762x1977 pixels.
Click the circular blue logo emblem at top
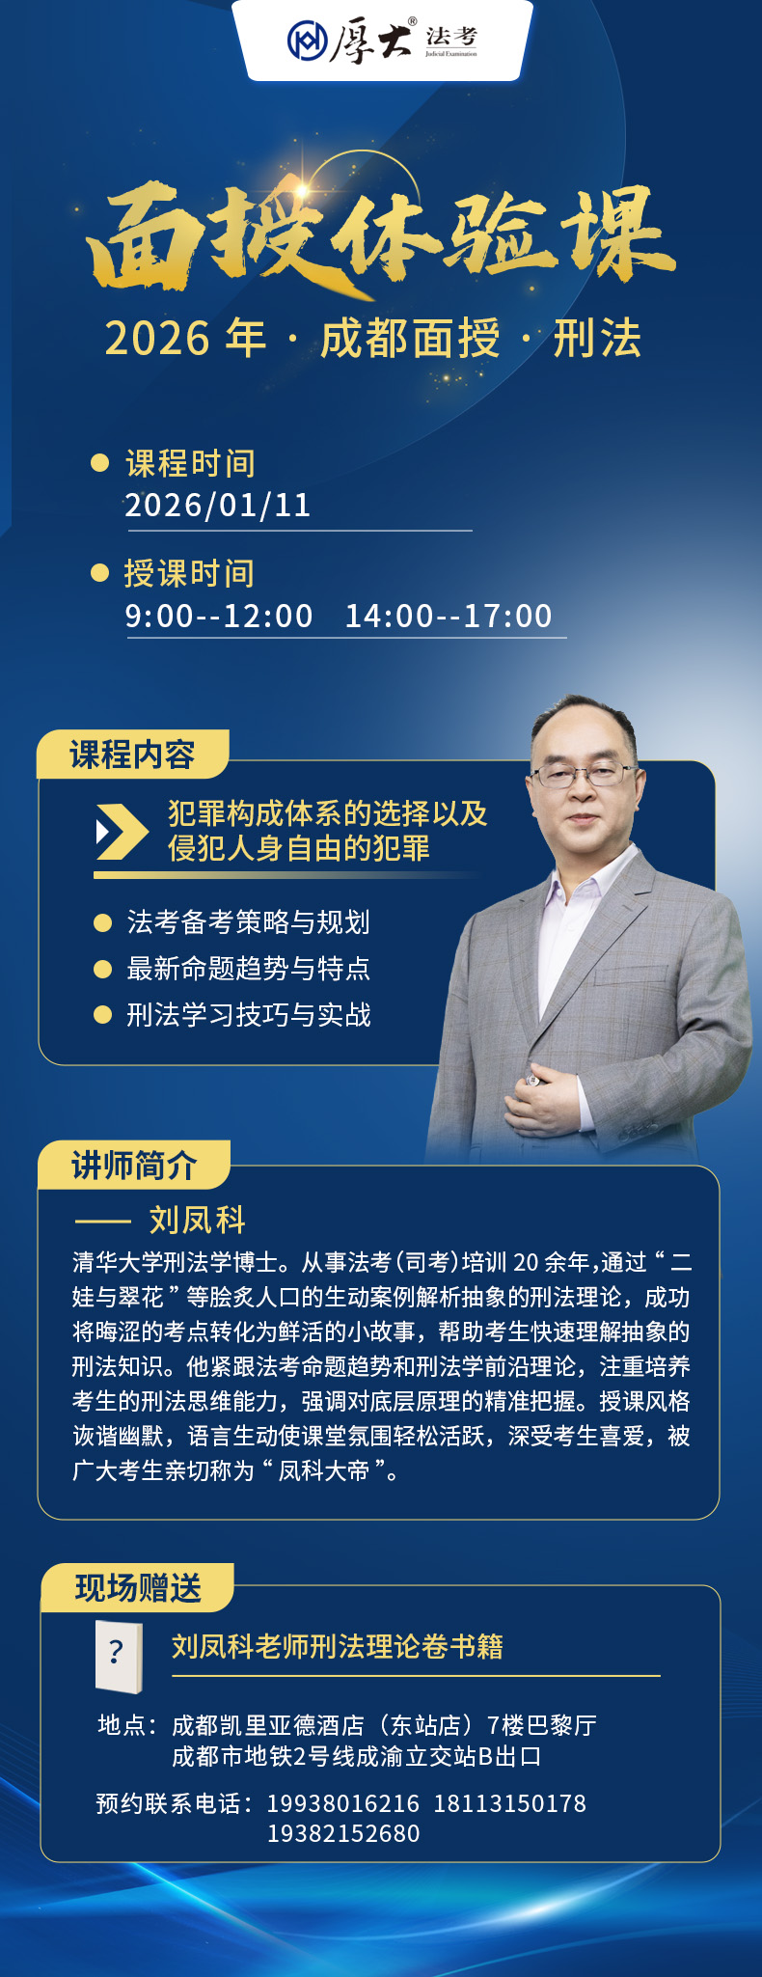tap(307, 41)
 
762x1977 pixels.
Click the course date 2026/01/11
tap(218, 506)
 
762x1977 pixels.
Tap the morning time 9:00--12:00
tap(219, 616)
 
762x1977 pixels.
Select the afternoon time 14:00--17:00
tap(449, 616)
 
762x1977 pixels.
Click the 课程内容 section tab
tap(132, 754)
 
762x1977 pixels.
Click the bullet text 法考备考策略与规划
tap(249, 922)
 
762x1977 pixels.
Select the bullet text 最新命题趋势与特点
tap(249, 969)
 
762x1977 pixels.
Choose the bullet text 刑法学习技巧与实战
tap(249, 1015)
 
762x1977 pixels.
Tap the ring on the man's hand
tap(532, 1082)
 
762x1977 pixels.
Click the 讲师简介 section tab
tap(134, 1165)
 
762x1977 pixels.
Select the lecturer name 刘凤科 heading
tap(198, 1221)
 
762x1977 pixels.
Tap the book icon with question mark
tap(119, 1657)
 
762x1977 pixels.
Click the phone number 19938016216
tap(343, 1803)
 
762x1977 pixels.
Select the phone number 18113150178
tap(509, 1803)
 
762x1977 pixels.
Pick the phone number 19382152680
tap(343, 1833)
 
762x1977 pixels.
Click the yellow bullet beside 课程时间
tap(99, 463)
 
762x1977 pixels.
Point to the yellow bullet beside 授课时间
tap(99, 573)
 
